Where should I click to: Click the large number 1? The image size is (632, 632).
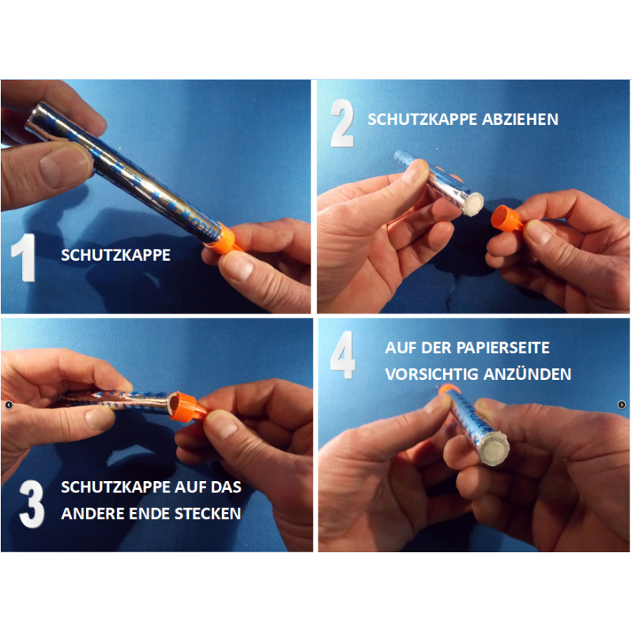pyautogui.click(x=24, y=258)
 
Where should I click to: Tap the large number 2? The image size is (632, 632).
pyautogui.click(x=342, y=122)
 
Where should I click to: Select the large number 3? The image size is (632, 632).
pyautogui.click(x=32, y=504)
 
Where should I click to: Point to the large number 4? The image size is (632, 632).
pyautogui.click(x=343, y=355)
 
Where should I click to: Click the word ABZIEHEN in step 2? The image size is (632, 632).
pyautogui.click(x=520, y=119)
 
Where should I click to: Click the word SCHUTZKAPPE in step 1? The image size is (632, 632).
pyautogui.click(x=115, y=255)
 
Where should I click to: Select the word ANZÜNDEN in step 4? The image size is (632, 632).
pyautogui.click(x=527, y=374)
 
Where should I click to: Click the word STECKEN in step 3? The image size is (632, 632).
pyautogui.click(x=208, y=513)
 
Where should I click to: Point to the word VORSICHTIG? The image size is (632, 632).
pyautogui.click(x=431, y=374)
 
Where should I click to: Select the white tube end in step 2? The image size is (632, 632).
pyautogui.click(x=472, y=204)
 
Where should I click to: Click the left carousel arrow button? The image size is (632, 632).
pyautogui.click(x=9, y=404)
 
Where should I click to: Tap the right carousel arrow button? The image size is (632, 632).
pyautogui.click(x=622, y=404)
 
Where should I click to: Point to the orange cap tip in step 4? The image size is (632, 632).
pyautogui.click(x=448, y=389)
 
